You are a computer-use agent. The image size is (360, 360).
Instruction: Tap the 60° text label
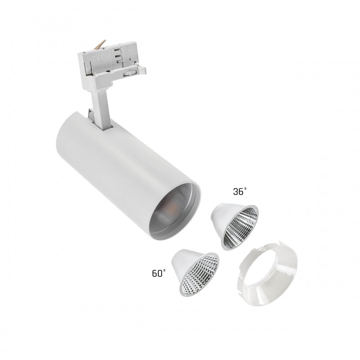158,273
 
